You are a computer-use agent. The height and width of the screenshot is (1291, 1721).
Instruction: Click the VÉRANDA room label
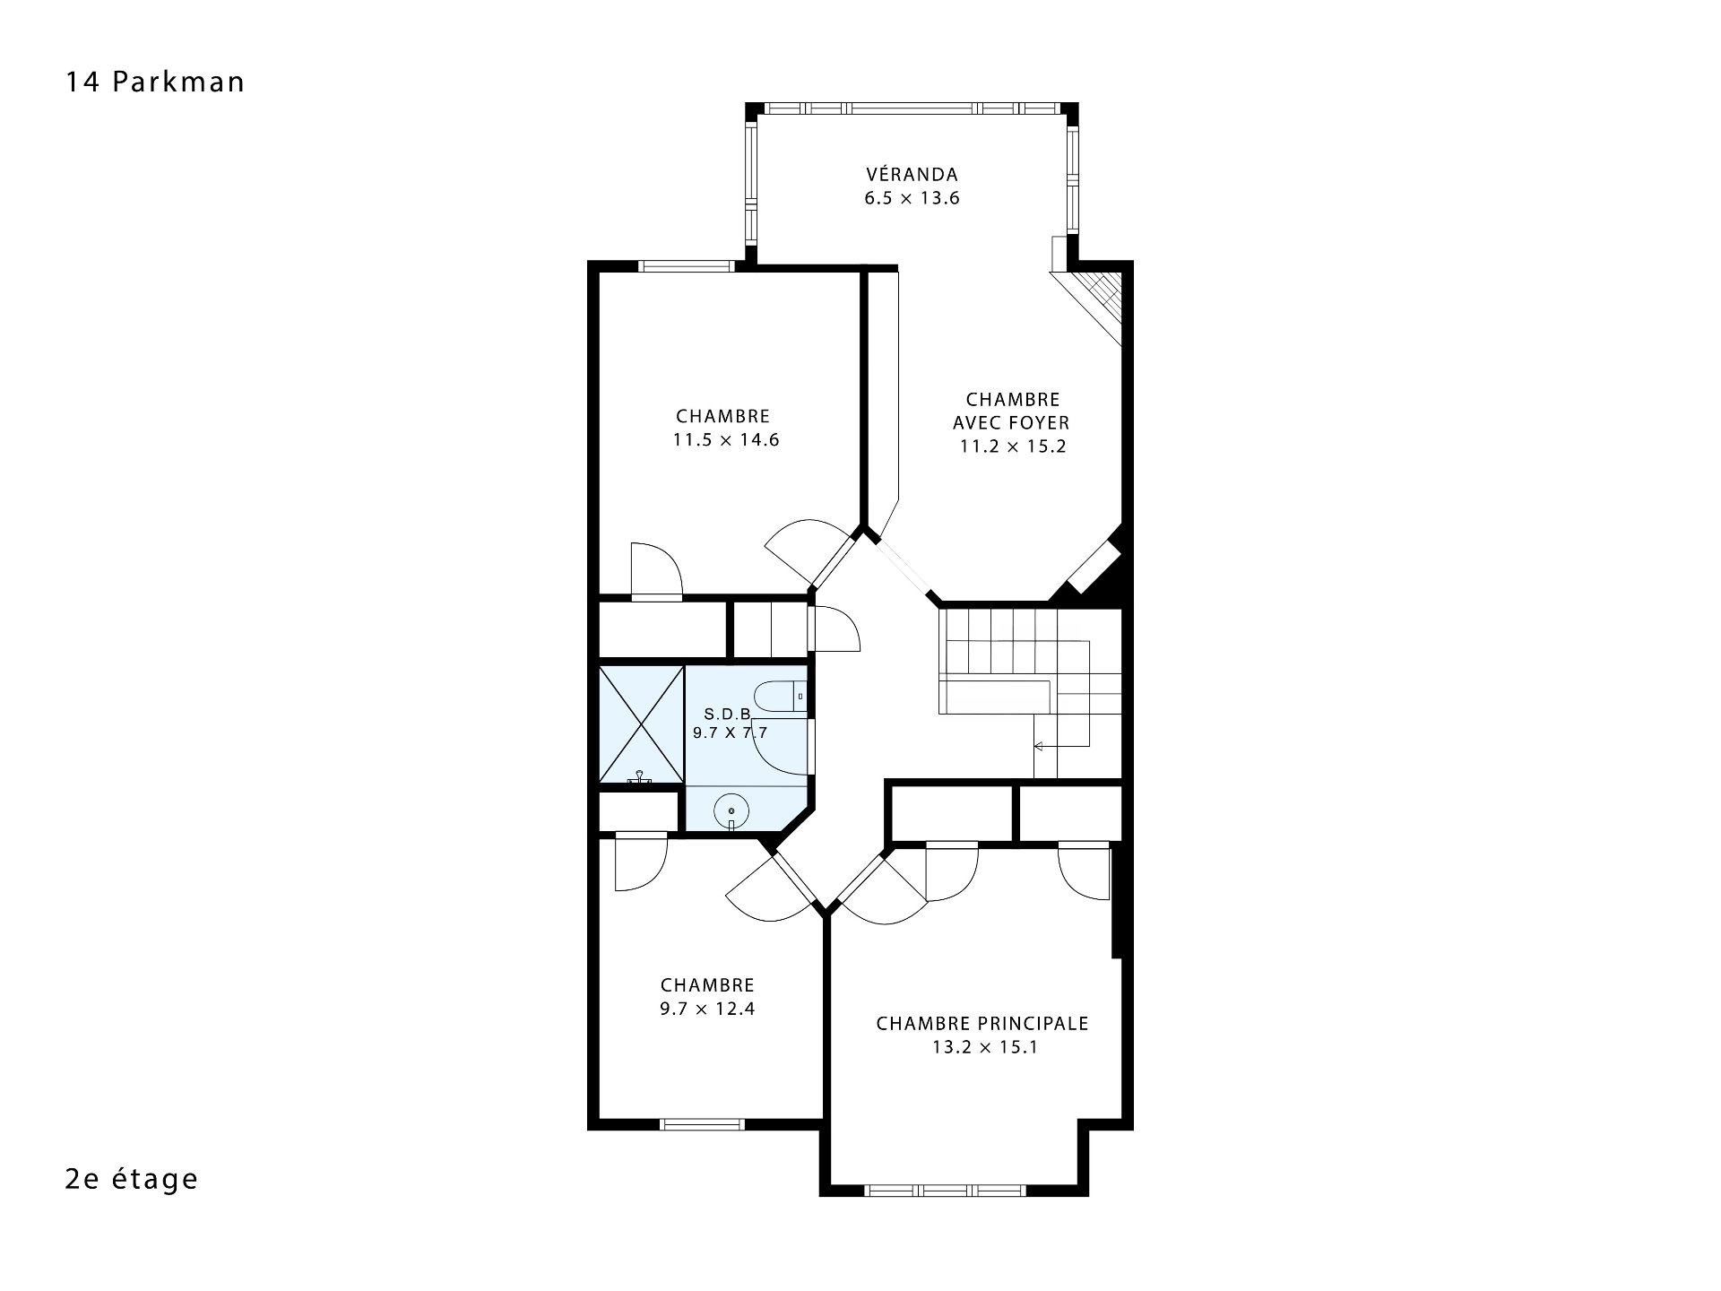[912, 174]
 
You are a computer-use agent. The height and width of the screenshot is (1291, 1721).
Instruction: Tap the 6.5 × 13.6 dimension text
[912, 198]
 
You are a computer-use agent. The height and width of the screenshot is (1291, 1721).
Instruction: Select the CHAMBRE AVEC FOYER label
[1012, 411]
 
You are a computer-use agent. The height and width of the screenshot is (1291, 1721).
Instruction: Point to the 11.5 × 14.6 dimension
[726, 440]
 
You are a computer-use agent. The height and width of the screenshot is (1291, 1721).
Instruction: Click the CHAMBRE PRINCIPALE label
[982, 1024]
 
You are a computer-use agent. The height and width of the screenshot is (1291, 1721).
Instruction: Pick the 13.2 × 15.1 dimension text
[984, 1048]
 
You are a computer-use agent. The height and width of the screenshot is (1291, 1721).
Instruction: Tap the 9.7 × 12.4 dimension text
[708, 1009]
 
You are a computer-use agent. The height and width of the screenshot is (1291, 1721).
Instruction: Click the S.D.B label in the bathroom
[726, 715]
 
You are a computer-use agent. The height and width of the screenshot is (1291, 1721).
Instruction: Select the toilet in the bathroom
[781, 697]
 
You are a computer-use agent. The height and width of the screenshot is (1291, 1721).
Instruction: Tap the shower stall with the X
[640, 724]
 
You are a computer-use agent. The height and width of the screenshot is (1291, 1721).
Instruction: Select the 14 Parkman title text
[155, 82]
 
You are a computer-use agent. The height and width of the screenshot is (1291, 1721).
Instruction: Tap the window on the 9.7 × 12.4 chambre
[702, 1124]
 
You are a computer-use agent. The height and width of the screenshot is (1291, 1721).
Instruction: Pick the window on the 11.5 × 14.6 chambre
[687, 265]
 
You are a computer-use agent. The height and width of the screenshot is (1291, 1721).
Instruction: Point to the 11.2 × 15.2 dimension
[1013, 446]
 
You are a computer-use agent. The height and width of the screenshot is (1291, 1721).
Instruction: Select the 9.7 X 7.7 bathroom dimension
[731, 732]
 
